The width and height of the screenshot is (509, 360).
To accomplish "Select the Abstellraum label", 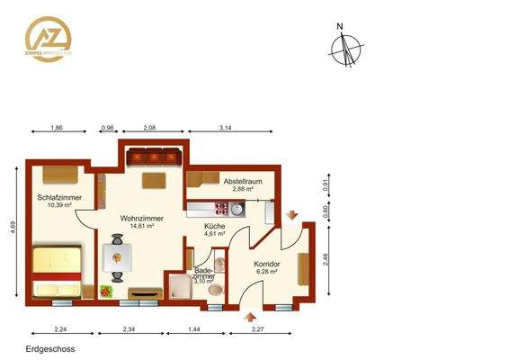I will tap(242, 182).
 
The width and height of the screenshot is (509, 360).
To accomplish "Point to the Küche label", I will tap(214, 226).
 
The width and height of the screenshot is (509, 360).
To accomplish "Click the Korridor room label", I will tap(268, 264).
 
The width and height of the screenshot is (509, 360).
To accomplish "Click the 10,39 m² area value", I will tap(58, 205).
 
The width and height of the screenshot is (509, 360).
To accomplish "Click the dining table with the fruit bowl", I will tap(117, 257).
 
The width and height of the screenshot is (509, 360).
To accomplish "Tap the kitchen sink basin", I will tap(235, 211).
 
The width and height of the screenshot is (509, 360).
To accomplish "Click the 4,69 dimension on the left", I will tap(13, 231).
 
